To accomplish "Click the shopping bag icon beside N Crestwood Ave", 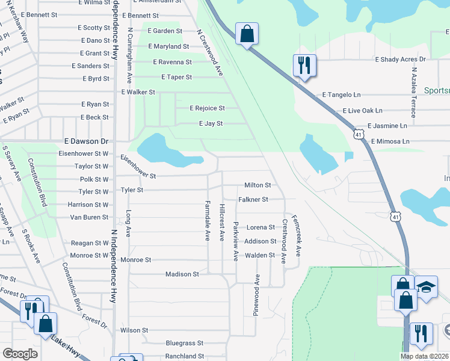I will pos(247,34).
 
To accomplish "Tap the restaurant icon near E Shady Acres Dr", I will pos(304,65).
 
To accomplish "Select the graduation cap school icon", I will pos(427,288).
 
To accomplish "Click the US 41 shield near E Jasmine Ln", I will pos(359,134).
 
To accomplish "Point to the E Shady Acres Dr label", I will pos(400,60).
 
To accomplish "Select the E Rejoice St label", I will pos(207,108).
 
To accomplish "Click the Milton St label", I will pos(257,185).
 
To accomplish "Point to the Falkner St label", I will pos(253,199).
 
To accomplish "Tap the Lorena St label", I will pos(260,227).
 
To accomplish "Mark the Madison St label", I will pos(182,274).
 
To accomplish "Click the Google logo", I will pos(20,354).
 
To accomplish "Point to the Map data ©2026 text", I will pos(424,356).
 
